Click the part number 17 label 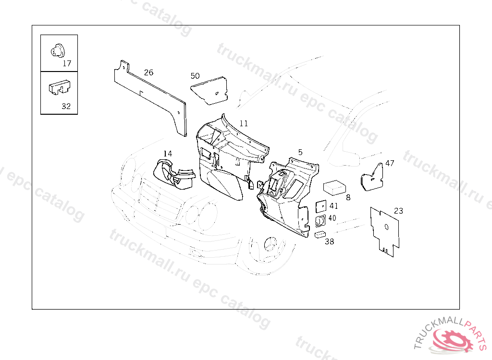[x=67, y=63]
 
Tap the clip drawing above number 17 [x=58, y=50]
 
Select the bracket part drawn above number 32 [x=59, y=87]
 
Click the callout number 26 [x=149, y=72]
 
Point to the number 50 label [x=195, y=76]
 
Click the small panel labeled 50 [x=210, y=90]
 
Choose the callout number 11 [x=244, y=123]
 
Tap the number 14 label [x=167, y=154]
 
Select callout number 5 [x=300, y=152]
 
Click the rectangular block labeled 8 [x=336, y=187]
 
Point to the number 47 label [x=390, y=163]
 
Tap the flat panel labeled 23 [x=385, y=230]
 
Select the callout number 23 [x=399, y=211]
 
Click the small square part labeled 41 [x=320, y=206]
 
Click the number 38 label [x=329, y=242]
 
